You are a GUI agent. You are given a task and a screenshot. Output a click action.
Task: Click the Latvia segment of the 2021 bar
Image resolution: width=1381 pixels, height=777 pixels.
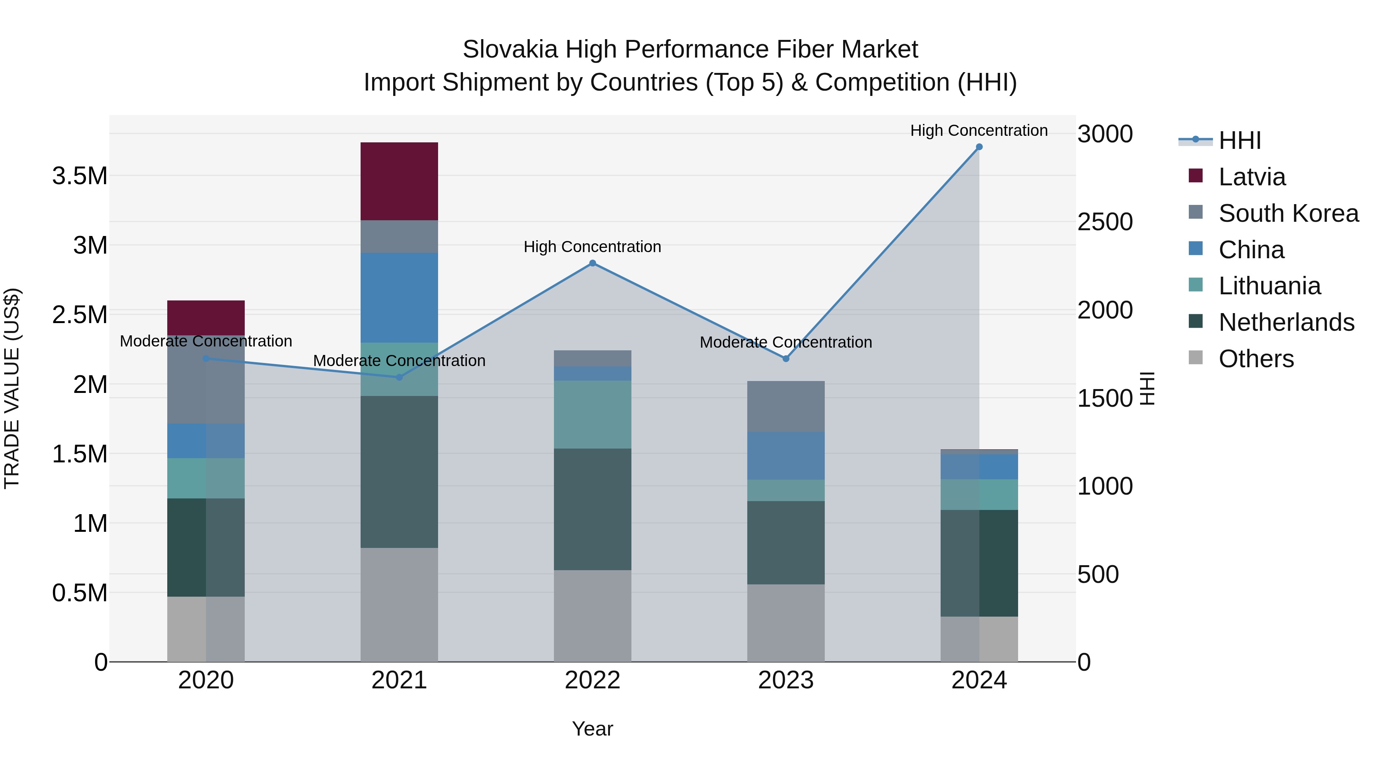pyautogui.click(x=399, y=181)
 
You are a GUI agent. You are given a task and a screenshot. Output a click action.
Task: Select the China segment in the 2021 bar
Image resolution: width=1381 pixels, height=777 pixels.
pyautogui.click(x=399, y=298)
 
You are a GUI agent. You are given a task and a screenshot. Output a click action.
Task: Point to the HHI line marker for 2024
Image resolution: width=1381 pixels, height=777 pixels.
pyautogui.click(x=979, y=147)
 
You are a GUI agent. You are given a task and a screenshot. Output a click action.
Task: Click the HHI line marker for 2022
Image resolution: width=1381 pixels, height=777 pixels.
pyautogui.click(x=592, y=263)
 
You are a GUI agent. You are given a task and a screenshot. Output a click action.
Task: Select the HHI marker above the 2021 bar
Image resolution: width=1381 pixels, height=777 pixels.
pyautogui.click(x=399, y=378)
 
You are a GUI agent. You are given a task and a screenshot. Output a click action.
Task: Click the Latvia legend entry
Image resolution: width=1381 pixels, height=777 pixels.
pyautogui.click(x=1252, y=177)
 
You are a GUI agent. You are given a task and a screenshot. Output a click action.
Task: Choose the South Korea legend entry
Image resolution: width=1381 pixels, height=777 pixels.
pyautogui.click(x=1288, y=213)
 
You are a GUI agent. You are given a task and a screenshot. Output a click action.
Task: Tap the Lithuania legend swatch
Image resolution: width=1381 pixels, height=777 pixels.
pyautogui.click(x=1195, y=285)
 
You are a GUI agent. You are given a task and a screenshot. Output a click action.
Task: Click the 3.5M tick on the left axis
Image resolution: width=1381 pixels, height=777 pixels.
pyautogui.click(x=80, y=176)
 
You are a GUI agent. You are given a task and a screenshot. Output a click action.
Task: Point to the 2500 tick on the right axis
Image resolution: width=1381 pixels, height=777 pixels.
pyautogui.click(x=1105, y=222)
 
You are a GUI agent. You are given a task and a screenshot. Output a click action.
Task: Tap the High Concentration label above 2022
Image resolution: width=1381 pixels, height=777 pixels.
pyautogui.click(x=592, y=247)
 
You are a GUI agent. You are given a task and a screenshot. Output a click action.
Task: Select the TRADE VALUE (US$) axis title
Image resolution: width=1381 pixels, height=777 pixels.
pyautogui.click(x=12, y=388)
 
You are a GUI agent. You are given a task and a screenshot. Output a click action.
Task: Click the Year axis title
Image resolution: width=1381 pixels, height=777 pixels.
pyautogui.click(x=592, y=729)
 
